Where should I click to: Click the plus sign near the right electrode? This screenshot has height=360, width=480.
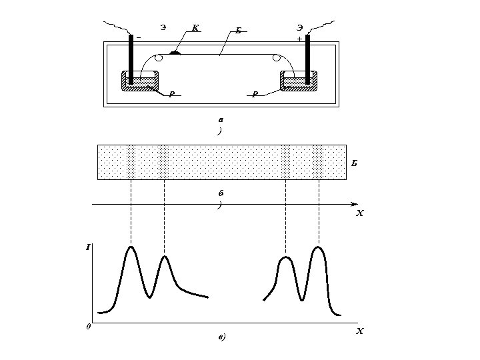299,39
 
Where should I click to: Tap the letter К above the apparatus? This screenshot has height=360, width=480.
195,28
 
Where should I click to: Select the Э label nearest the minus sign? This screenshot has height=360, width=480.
163,27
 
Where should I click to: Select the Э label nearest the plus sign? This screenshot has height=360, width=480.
300,27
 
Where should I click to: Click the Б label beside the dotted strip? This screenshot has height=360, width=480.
355,163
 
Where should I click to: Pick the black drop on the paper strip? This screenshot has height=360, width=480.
175,53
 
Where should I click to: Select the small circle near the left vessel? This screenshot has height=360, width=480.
158,59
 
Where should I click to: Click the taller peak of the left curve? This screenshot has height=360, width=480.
131,247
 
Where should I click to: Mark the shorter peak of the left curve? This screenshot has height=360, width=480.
165,256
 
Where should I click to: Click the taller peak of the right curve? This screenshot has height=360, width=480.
319,247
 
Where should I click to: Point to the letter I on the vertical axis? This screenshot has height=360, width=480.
88,247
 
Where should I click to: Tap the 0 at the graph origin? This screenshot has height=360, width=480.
88,327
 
